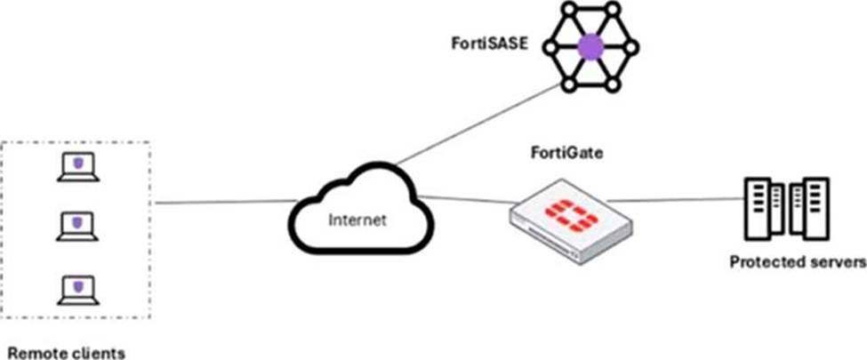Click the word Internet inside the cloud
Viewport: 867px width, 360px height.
coord(357,220)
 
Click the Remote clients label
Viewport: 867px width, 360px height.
coord(66,352)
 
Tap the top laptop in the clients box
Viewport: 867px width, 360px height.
coord(77,166)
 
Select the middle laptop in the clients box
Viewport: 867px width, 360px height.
coord(77,226)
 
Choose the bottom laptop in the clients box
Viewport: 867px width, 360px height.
coord(77,289)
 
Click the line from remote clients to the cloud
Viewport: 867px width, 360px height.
coord(222,202)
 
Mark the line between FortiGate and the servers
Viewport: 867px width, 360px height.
coord(676,199)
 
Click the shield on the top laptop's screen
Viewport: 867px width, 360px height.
coord(78,163)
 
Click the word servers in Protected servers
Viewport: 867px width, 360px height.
coord(837,262)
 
